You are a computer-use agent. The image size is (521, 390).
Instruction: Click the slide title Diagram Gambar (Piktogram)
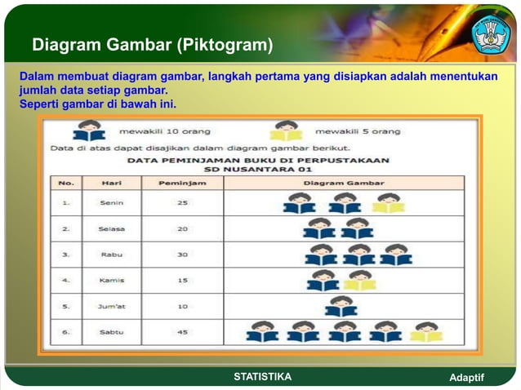click(x=153, y=44)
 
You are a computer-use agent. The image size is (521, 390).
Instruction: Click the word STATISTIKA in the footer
click(x=262, y=376)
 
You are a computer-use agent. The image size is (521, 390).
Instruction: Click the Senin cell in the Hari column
click(x=112, y=202)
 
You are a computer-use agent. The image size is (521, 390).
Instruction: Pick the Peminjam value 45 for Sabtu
click(x=183, y=332)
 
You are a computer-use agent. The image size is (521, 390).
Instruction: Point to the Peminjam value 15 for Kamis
click(x=183, y=281)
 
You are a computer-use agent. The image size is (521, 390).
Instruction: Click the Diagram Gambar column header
click(x=344, y=183)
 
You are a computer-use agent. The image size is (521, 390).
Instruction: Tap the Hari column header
click(x=112, y=183)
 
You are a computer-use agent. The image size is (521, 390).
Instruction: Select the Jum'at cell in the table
click(x=112, y=307)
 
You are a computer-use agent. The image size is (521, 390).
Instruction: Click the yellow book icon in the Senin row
click(x=389, y=203)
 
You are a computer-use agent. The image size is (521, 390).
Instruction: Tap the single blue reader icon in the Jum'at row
click(x=341, y=306)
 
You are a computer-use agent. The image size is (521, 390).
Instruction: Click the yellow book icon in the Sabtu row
click(x=425, y=331)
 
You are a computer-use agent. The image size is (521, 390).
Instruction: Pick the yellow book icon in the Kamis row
click(x=359, y=280)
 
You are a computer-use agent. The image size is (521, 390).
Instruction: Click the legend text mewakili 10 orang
click(x=165, y=131)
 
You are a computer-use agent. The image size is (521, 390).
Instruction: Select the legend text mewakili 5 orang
click(x=358, y=131)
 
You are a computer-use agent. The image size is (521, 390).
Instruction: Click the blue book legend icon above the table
click(x=88, y=131)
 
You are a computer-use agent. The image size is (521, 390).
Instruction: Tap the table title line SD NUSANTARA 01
click(x=257, y=170)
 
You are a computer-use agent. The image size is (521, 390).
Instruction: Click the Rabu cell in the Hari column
click(x=112, y=255)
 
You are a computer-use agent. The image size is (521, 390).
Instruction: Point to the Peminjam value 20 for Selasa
click(x=183, y=228)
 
